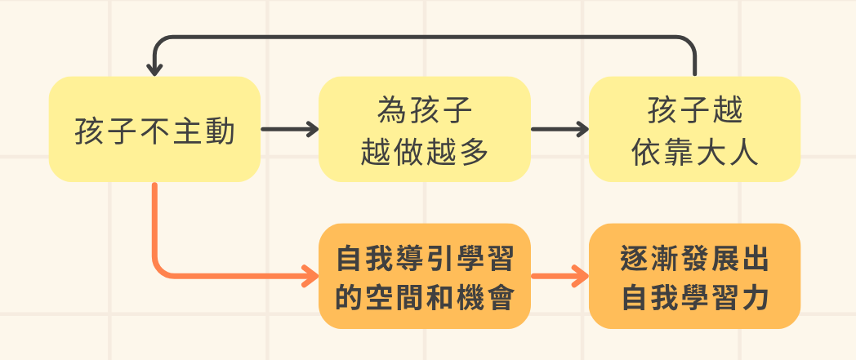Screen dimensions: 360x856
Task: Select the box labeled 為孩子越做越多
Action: [424, 129]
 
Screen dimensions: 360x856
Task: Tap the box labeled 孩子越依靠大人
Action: [694, 129]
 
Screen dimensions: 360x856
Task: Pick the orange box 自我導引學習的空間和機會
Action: [424, 276]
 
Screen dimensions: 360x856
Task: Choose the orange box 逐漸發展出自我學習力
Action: [694, 276]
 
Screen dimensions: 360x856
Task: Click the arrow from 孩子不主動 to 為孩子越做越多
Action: [288, 129]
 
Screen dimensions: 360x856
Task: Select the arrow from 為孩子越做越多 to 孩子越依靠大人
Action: [560, 129]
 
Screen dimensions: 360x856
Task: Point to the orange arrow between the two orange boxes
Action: [560, 276]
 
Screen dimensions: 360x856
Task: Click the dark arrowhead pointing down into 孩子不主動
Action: [154, 69]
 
